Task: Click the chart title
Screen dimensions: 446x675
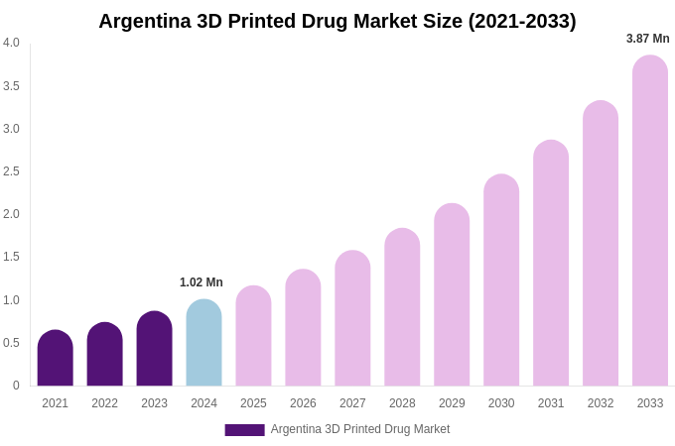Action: [337, 21]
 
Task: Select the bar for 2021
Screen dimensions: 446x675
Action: [56, 359]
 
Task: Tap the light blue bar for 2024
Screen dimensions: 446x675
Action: [203, 343]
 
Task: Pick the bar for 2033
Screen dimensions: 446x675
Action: [650, 221]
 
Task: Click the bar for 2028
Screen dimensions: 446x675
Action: [402, 307]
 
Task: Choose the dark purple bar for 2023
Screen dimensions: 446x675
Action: [154, 349]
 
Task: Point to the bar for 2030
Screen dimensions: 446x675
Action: [501, 280]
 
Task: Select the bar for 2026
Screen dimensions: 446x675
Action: [303, 328]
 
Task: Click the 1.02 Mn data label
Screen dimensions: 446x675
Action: [202, 282]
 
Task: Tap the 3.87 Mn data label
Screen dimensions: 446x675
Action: [647, 39]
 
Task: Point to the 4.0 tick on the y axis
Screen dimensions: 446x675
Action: [11, 43]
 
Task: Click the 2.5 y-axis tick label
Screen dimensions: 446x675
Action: [11, 171]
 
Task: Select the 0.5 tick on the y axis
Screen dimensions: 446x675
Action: [11, 343]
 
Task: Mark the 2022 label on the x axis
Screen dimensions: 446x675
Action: [104, 403]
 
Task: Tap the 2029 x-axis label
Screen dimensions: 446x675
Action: [452, 403]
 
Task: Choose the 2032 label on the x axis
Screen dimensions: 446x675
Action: [601, 403]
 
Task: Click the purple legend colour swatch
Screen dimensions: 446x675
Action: [244, 430]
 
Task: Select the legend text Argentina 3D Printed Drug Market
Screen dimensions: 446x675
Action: [360, 429]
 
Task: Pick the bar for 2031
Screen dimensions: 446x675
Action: [551, 264]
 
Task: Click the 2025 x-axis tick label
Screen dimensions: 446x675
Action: [253, 403]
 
